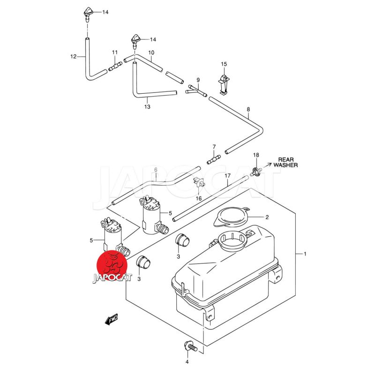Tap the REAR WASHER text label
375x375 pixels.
tap(285, 162)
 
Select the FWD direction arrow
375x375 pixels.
tap(111, 320)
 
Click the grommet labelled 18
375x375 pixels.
tap(256, 171)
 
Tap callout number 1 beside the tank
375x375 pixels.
tap(305, 254)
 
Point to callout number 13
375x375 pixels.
tap(147, 107)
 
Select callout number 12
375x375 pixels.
tap(73, 57)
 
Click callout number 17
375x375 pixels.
tap(227, 176)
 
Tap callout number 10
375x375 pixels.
tap(151, 52)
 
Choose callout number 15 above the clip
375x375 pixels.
tap(224, 64)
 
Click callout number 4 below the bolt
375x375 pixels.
tap(187, 362)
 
